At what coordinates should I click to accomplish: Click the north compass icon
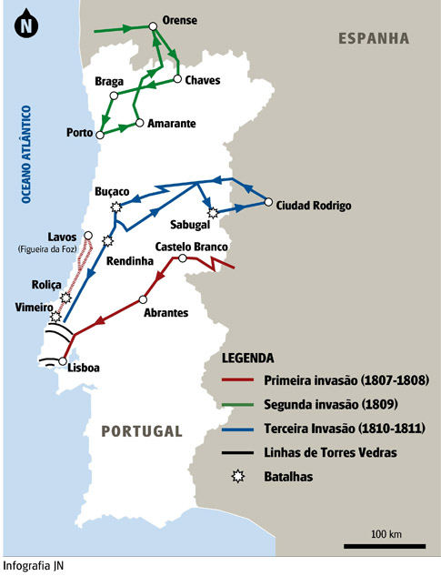coord(24,25)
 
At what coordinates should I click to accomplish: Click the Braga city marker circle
coord(114,95)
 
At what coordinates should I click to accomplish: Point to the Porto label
coord(80,133)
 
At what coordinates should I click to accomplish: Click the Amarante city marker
coord(138,122)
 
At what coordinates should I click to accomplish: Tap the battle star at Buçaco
coord(115,207)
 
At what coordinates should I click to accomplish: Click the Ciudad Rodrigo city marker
coord(268,203)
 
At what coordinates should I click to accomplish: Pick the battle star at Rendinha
coord(108,241)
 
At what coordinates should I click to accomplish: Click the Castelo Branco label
coord(191,247)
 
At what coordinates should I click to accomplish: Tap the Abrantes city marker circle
coord(143,299)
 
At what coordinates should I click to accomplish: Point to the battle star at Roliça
coord(65,298)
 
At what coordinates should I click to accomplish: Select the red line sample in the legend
coord(238,380)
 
